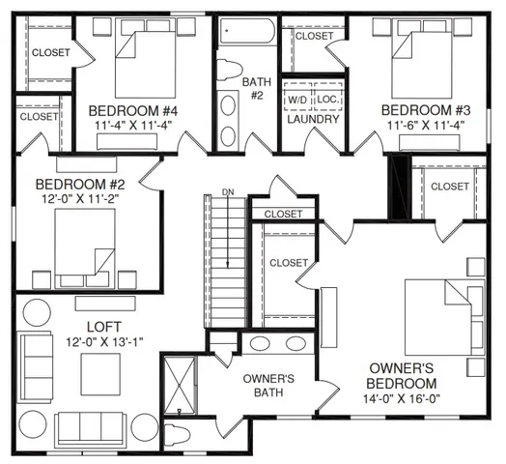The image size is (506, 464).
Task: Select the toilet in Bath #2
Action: [x=230, y=70]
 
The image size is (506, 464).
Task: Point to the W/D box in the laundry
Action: [x=296, y=100]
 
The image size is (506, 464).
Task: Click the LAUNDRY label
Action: [x=313, y=120]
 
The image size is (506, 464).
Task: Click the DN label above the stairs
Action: [x=228, y=192]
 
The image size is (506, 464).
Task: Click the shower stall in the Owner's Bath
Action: [x=180, y=386]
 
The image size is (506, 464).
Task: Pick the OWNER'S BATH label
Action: [x=267, y=385]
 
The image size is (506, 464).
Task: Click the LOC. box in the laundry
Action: [x=327, y=100]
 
